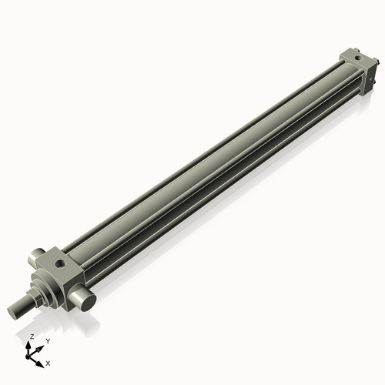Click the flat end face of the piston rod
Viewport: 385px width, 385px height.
point(12,313)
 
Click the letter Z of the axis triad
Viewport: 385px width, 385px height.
point(32,336)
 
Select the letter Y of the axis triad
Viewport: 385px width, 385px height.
point(48,340)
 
